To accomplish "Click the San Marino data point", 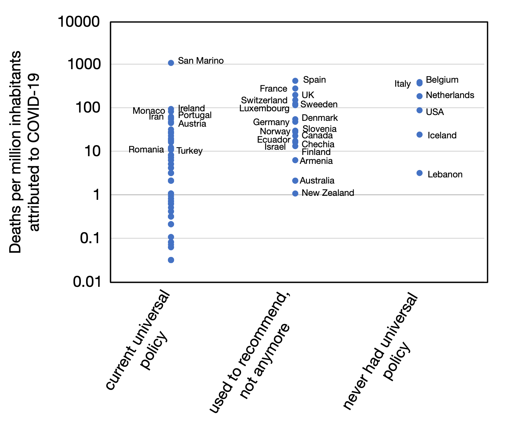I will tap(171, 63).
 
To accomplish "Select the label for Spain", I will tap(314, 80).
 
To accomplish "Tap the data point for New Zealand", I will tap(295, 193).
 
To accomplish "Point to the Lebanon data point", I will tap(419, 173).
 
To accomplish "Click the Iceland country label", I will tap(442, 136).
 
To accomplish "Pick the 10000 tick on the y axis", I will tap(79, 22).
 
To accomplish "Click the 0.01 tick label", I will tap(87, 282).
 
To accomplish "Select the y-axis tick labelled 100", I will tap(88, 108).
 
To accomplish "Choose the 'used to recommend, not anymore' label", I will tap(250, 352).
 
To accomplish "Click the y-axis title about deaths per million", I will tap(25, 152).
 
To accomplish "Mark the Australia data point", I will tap(295, 181).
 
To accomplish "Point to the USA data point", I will tap(419, 110).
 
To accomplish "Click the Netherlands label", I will tap(450, 96).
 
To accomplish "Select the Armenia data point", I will tap(295, 160).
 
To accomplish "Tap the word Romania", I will tap(146, 150).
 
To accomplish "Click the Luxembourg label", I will tap(264, 109).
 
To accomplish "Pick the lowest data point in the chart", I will tap(171, 260).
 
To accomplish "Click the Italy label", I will tap(403, 84).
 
